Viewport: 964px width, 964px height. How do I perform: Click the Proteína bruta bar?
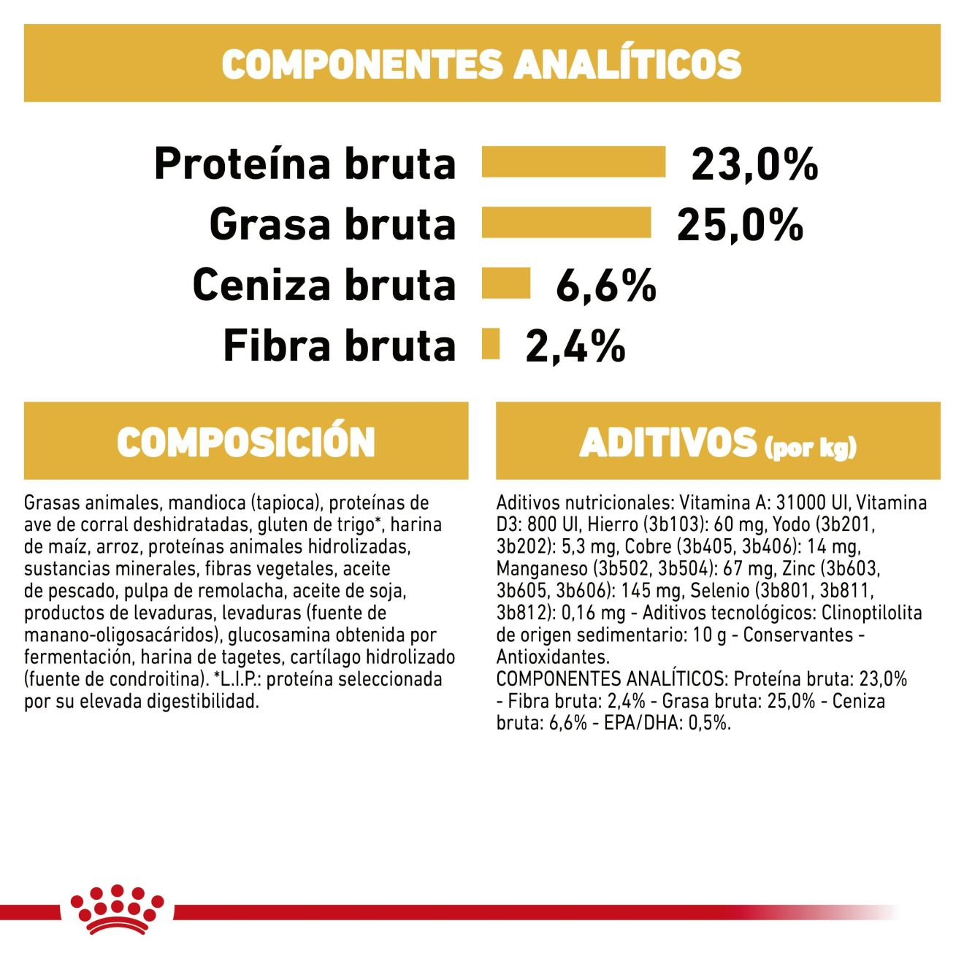(573, 162)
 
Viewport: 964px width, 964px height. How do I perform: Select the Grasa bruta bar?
(566, 223)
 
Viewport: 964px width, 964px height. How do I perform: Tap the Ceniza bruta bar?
(505, 283)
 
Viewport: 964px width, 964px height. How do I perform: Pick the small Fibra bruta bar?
(491, 344)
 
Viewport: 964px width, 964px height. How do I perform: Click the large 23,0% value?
(754, 164)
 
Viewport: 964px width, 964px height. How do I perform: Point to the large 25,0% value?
(740, 224)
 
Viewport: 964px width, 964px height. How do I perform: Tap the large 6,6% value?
(605, 285)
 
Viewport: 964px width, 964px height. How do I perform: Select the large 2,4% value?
(575, 345)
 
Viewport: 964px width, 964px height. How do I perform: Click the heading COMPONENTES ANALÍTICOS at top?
(482, 64)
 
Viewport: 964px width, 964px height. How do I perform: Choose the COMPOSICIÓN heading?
(246, 442)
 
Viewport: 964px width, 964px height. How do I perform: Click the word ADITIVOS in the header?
(668, 443)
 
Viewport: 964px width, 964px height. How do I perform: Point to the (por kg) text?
(810, 447)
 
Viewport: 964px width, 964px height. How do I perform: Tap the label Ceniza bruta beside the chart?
(324, 285)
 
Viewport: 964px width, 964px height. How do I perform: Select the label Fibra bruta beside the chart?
(339, 345)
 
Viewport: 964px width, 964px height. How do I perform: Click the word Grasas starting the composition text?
(52, 502)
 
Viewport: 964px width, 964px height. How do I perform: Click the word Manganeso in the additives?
(541, 569)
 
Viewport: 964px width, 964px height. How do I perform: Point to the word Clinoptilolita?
(871, 613)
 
